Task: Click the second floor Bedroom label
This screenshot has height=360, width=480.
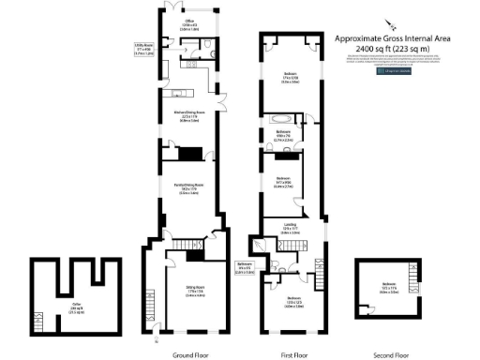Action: [388, 285]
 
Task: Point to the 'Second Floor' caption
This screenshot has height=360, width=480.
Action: [390, 354]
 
